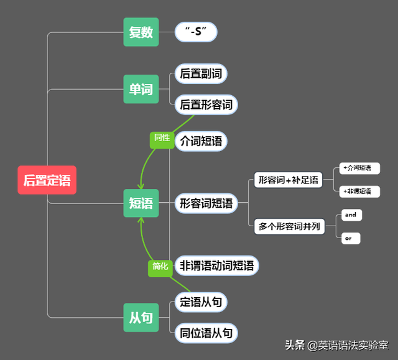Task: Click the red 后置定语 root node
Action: [47, 181]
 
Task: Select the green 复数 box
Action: [141, 32]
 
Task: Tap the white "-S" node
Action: [196, 32]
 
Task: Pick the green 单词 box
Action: [141, 89]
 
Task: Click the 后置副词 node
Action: [200, 74]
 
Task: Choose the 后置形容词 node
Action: [206, 104]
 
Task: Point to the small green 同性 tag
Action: [162, 138]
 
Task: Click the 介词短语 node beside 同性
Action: [201, 141]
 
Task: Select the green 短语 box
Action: [141, 203]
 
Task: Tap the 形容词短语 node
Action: [206, 203]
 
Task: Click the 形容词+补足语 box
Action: [288, 180]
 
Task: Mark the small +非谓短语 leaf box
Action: [360, 192]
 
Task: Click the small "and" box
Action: [351, 215]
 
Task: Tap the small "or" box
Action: [350, 238]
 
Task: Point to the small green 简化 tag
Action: [160, 267]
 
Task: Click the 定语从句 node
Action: [200, 302]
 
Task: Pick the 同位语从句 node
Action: [206, 333]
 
